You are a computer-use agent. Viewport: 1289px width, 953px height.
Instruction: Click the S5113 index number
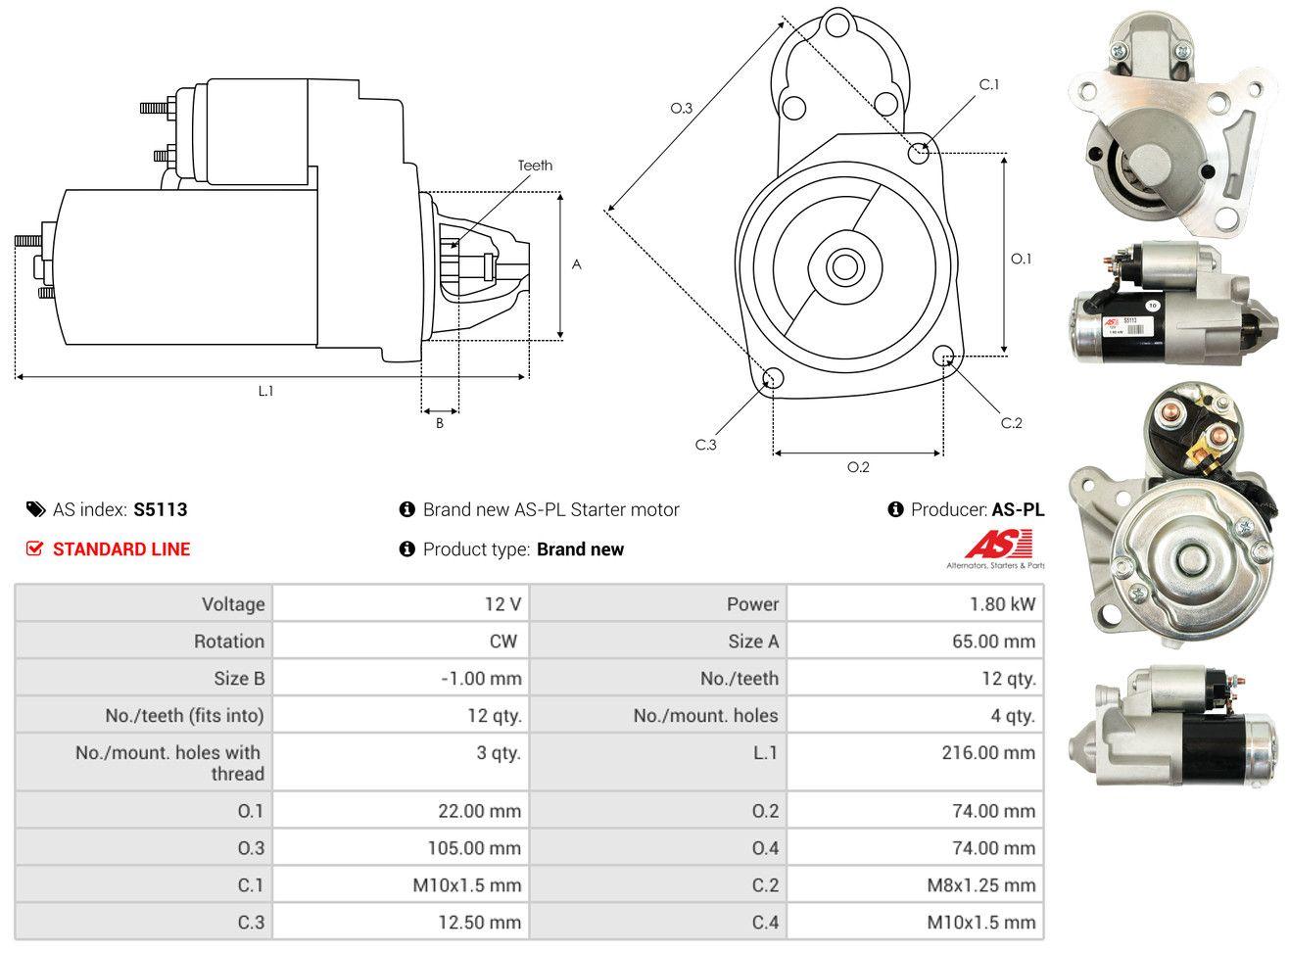(161, 509)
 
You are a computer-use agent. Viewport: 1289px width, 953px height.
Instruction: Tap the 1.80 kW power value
(1002, 603)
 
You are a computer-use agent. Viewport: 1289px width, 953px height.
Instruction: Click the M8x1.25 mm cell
(980, 885)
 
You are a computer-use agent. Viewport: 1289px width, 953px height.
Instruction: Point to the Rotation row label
(228, 641)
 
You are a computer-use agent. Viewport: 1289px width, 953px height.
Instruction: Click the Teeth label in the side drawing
(535, 166)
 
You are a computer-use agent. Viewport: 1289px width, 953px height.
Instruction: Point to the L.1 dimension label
(265, 391)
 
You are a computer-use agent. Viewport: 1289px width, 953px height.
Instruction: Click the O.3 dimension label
(682, 109)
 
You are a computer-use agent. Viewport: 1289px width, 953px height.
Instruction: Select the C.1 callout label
(989, 85)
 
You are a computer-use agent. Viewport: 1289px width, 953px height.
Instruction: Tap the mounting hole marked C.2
(945, 356)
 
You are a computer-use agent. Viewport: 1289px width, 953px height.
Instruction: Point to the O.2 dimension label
(858, 467)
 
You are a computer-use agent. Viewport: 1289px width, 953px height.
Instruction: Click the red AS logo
(998, 545)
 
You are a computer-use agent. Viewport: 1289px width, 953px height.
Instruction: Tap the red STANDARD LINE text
(121, 549)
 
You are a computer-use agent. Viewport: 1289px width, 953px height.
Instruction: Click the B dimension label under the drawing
(440, 423)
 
